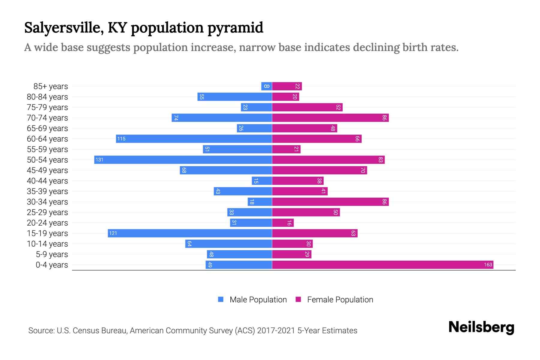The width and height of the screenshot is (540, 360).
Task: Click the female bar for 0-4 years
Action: (x=382, y=265)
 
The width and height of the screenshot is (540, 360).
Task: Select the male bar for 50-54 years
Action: (x=183, y=160)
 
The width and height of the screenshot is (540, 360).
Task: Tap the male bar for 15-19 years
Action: (x=190, y=233)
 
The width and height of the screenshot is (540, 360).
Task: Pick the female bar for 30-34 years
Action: (x=330, y=202)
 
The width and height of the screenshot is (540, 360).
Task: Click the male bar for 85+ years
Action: (x=266, y=86)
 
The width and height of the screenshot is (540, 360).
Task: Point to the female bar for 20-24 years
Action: (x=283, y=223)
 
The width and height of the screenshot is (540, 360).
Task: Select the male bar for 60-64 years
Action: (x=194, y=139)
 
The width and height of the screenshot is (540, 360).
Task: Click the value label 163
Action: (x=488, y=265)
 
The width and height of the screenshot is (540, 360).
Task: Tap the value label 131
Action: (x=99, y=160)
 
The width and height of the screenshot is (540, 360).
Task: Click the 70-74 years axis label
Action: (x=47, y=118)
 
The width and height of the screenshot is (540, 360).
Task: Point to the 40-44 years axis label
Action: (x=47, y=181)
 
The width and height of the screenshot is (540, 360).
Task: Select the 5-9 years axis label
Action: (x=52, y=254)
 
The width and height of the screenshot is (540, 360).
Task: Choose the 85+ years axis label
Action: (x=51, y=86)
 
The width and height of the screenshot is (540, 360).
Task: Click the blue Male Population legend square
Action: (x=221, y=299)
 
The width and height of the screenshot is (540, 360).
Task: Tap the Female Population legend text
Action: (x=340, y=299)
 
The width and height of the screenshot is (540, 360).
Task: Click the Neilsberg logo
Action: (x=481, y=327)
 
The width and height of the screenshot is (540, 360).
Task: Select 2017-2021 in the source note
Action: (x=276, y=331)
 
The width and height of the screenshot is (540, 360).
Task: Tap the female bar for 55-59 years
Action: (x=286, y=149)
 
